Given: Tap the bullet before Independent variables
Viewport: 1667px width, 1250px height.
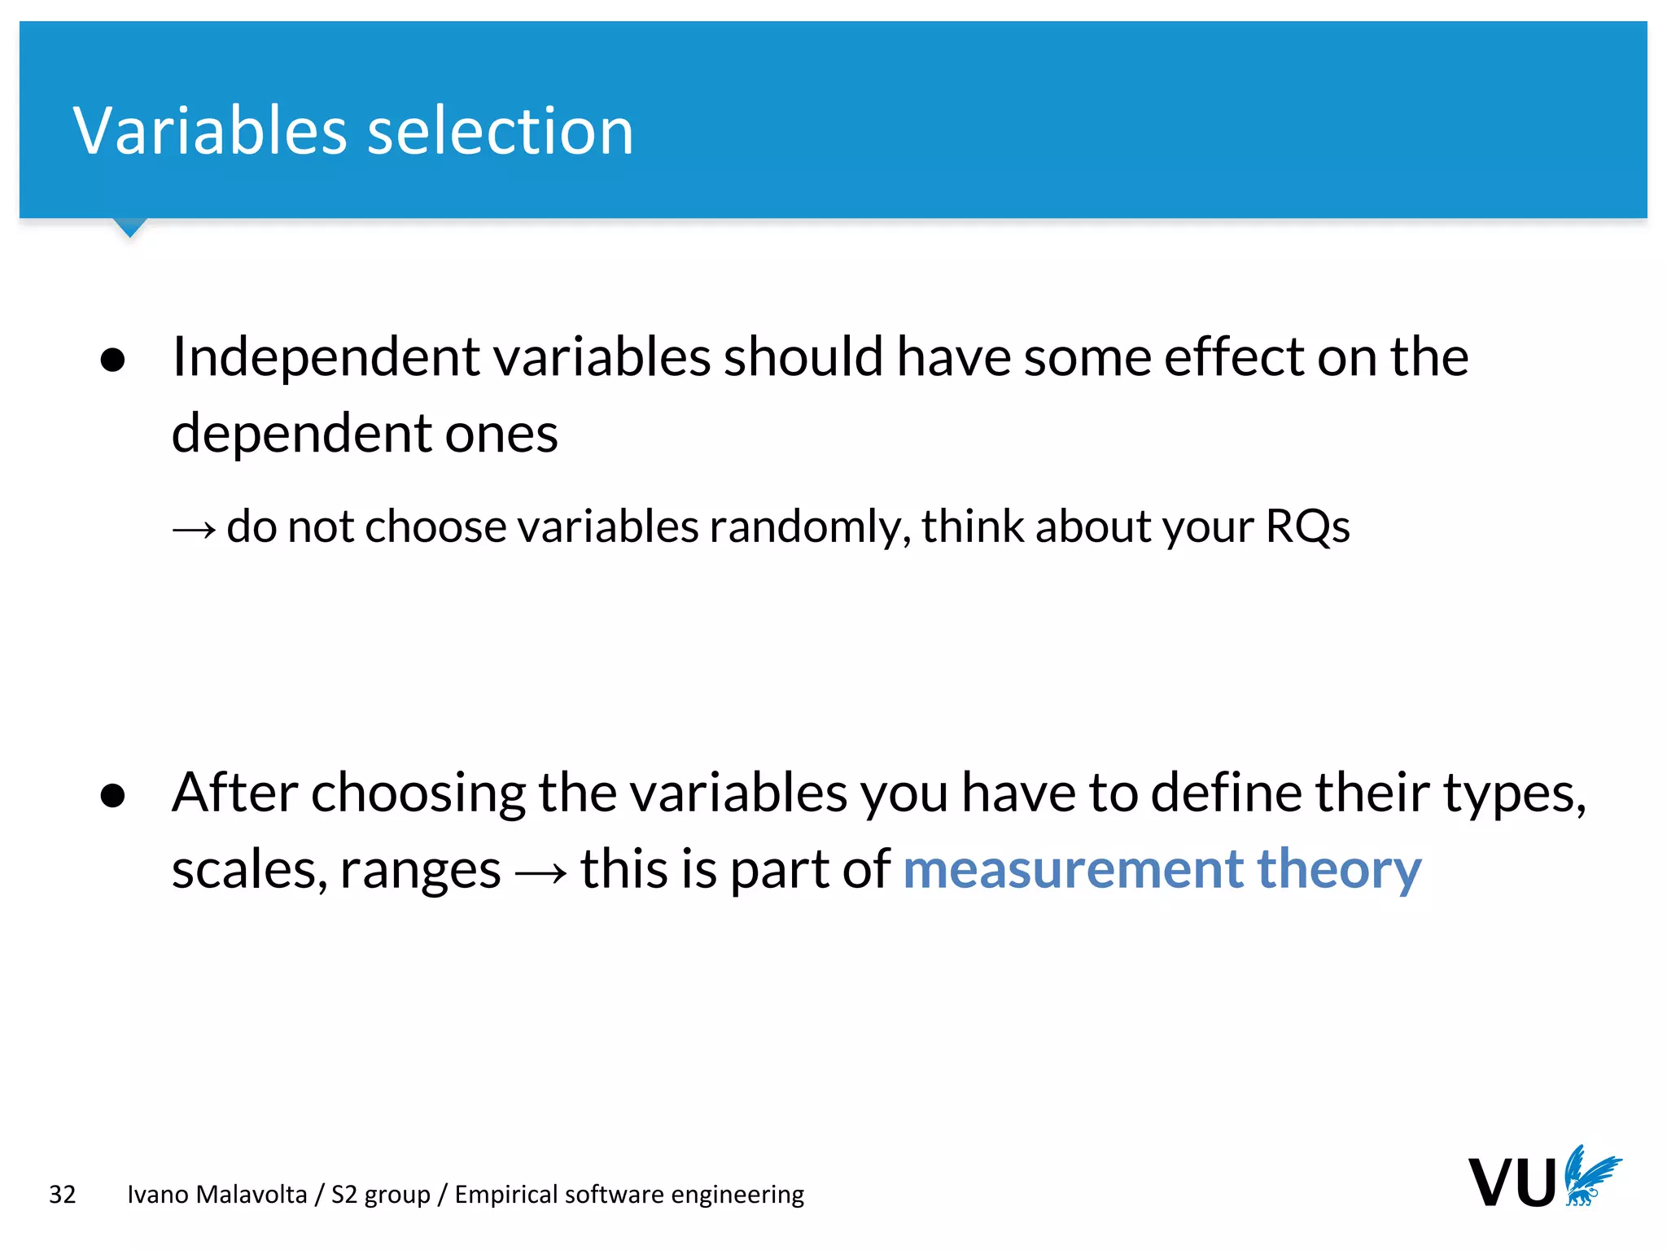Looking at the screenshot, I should (x=113, y=360).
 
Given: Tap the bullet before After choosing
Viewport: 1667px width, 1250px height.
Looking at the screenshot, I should (x=113, y=795).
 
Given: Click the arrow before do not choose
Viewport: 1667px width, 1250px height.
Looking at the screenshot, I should (x=194, y=530).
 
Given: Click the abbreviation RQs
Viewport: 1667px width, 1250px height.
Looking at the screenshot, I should (x=1307, y=527).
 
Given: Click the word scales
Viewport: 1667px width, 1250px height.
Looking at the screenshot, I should (x=248, y=870).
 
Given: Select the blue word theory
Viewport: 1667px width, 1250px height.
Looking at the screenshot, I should (x=1339, y=870).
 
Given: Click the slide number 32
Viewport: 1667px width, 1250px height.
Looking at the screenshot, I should (x=63, y=1195).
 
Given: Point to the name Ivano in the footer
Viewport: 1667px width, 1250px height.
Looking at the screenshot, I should (x=158, y=1194).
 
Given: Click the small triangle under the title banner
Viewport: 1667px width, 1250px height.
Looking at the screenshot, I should (x=130, y=227).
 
